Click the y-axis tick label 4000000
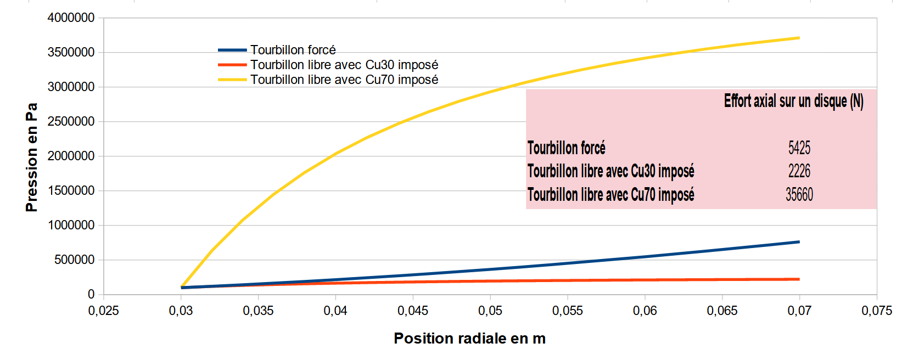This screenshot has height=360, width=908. click(x=71, y=18)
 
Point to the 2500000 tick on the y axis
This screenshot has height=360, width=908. click(x=71, y=121)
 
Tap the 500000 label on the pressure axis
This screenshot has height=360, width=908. click(x=74, y=260)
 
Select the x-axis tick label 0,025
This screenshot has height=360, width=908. click(x=103, y=311)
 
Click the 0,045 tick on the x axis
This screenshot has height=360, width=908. click(x=413, y=311)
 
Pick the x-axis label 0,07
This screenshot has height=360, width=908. click(x=799, y=311)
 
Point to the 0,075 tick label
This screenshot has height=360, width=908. click(x=877, y=311)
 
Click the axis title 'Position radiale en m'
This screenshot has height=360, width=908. click(x=469, y=339)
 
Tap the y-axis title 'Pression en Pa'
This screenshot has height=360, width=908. click(x=32, y=157)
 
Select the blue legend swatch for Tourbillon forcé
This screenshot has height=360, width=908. click(x=232, y=50)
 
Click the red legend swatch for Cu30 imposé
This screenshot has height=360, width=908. click(x=232, y=65)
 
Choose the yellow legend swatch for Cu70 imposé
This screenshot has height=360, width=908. click(x=232, y=80)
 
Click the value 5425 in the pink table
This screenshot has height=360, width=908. click(x=799, y=148)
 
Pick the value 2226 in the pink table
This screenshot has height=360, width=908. click(x=799, y=171)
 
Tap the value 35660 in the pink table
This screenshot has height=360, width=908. click(x=799, y=194)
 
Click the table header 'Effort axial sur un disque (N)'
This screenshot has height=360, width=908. click(x=793, y=101)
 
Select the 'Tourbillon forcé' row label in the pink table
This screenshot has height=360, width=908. click(x=566, y=148)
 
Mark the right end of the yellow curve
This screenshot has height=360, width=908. click(x=799, y=38)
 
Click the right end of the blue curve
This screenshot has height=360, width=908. click(x=799, y=242)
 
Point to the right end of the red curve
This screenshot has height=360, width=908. click(x=799, y=279)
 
